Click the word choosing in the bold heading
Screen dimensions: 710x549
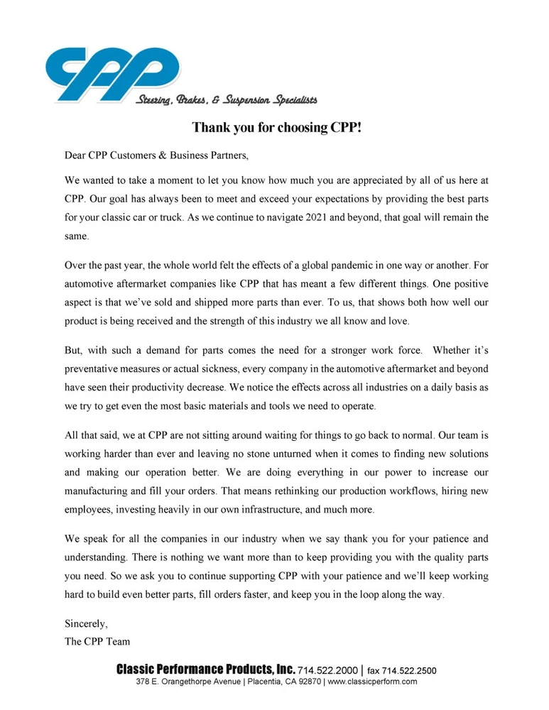293,129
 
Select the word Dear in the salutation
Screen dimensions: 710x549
75,155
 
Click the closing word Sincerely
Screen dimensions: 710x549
86,624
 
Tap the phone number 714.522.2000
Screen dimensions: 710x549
327,670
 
